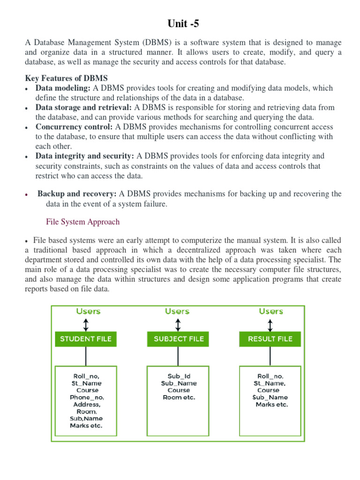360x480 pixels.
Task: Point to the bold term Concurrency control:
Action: point(74,127)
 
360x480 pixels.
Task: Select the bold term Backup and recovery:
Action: point(77,194)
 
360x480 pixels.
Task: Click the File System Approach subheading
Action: point(82,222)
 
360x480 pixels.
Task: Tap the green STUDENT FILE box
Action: point(86,339)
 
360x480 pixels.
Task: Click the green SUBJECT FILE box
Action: point(178,339)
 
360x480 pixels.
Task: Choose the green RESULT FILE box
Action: point(270,339)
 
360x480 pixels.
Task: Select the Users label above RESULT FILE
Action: point(270,311)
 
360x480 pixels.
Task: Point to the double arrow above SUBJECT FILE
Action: point(178,324)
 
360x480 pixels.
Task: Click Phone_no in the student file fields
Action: point(86,397)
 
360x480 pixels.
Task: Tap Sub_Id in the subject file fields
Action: point(179,376)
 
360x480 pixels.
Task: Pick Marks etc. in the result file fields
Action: point(271,404)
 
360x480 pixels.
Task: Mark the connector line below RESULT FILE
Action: point(270,356)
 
